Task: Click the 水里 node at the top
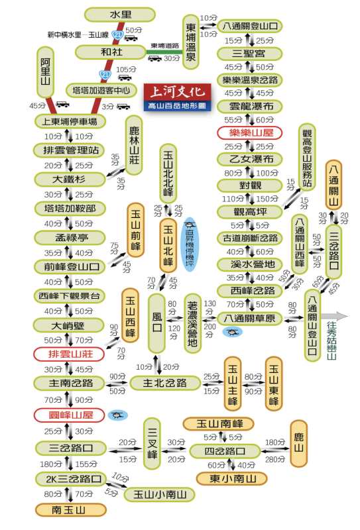pyautogui.click(x=120, y=15)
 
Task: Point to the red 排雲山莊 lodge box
pyautogui.click(x=68, y=354)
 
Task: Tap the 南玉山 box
pyautogui.click(x=68, y=510)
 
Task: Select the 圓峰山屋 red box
pyautogui.click(x=68, y=415)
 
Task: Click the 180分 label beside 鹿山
pyautogui.click(x=274, y=442)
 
